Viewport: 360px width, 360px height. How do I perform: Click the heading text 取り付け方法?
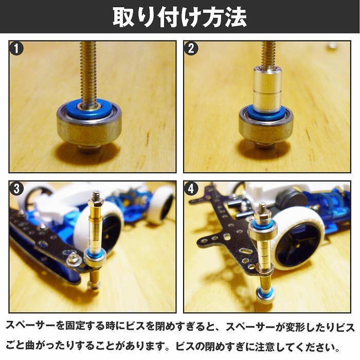180,17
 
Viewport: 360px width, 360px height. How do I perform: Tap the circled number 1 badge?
16,49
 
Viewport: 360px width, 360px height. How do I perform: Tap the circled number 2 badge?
191,49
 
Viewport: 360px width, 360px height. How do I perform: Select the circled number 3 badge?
16,189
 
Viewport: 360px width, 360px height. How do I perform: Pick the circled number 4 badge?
191,189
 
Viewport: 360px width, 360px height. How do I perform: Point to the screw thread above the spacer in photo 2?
268,53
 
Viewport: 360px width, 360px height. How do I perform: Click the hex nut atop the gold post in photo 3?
96,203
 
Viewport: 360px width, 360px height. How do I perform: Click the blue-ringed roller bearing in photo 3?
95,258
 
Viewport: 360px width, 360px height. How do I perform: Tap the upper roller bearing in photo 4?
263,229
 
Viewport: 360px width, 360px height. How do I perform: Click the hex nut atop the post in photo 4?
262,216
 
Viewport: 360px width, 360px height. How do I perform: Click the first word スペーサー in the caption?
30,326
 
